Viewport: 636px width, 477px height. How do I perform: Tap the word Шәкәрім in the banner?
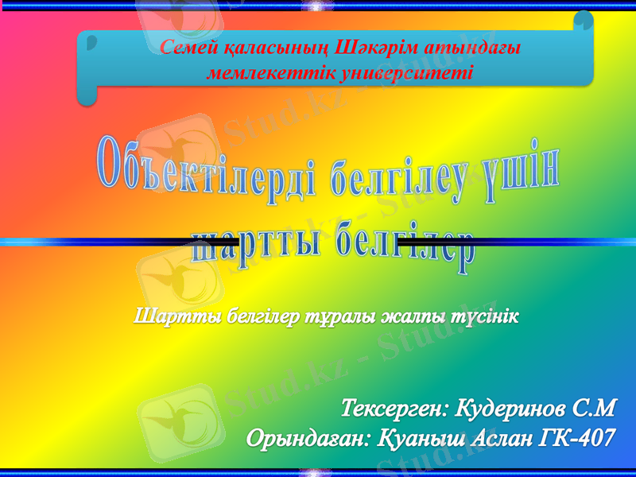click(375, 49)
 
